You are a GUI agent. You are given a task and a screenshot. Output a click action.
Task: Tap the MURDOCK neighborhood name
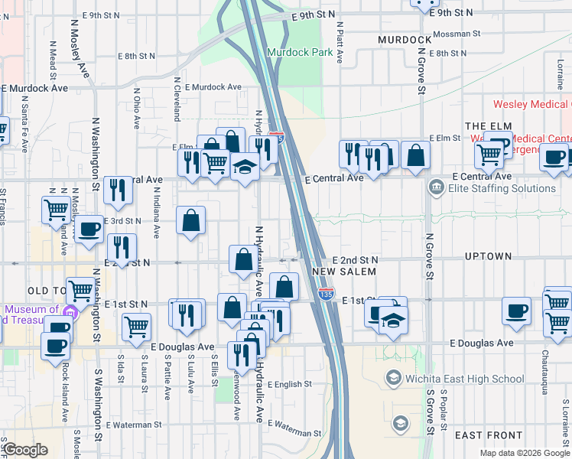[x=405, y=39]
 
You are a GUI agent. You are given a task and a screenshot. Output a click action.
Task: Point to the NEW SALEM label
[x=344, y=272]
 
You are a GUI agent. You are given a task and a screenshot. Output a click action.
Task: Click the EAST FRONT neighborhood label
[x=488, y=435]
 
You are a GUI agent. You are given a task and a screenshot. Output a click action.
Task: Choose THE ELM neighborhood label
[x=487, y=125]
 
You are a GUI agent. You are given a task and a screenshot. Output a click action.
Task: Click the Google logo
[x=25, y=450]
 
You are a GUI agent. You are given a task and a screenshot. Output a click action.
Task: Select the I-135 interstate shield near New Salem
[x=327, y=294]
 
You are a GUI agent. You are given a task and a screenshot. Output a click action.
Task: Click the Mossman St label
[x=456, y=34]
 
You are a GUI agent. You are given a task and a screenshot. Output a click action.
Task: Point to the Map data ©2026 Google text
[x=524, y=453]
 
